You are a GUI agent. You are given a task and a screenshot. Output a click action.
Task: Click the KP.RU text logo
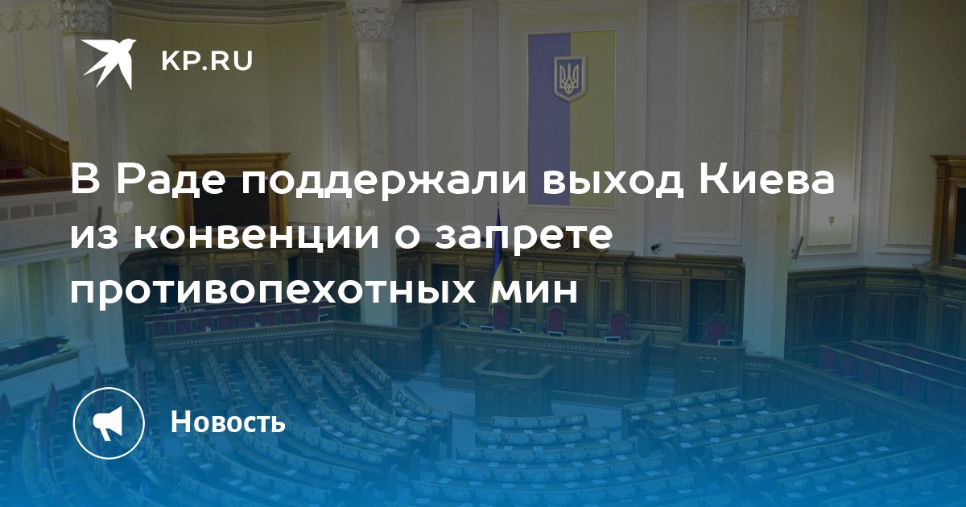(x=207, y=61)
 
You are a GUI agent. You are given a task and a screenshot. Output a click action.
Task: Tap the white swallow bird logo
(x=109, y=63)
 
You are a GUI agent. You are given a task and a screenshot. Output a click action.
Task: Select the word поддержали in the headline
(x=384, y=182)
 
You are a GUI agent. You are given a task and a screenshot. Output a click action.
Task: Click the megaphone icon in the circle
(x=109, y=423)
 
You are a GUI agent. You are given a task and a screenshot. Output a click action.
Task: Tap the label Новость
(x=228, y=421)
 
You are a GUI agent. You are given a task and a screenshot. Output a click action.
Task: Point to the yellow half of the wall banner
(x=593, y=117)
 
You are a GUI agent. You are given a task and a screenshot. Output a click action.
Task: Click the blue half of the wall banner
(x=550, y=118)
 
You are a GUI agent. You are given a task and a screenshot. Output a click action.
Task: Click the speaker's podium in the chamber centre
(x=513, y=390)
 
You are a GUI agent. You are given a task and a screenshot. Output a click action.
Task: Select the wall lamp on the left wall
(x=126, y=210)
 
